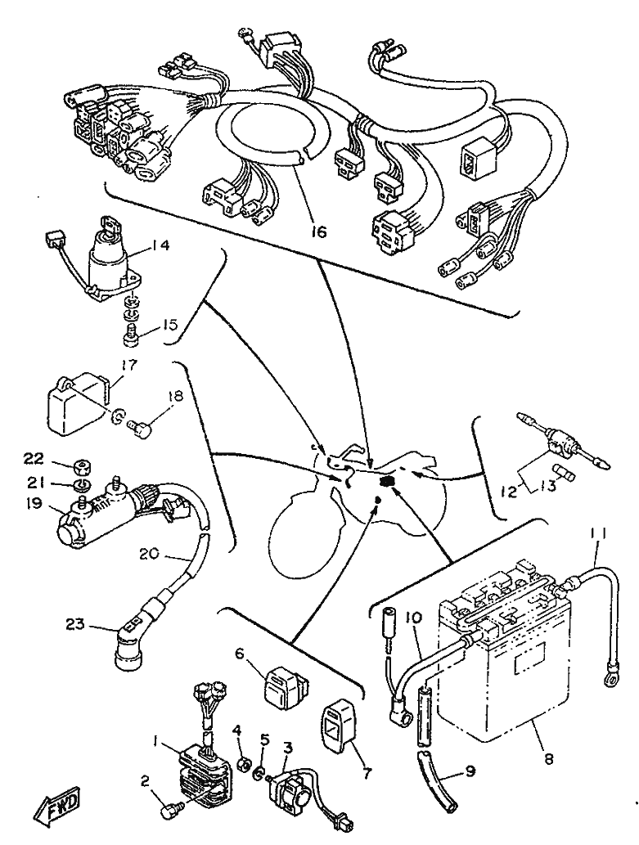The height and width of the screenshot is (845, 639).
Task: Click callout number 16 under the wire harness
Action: pos(318,231)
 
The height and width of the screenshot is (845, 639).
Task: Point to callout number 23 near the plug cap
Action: pos(75,626)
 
